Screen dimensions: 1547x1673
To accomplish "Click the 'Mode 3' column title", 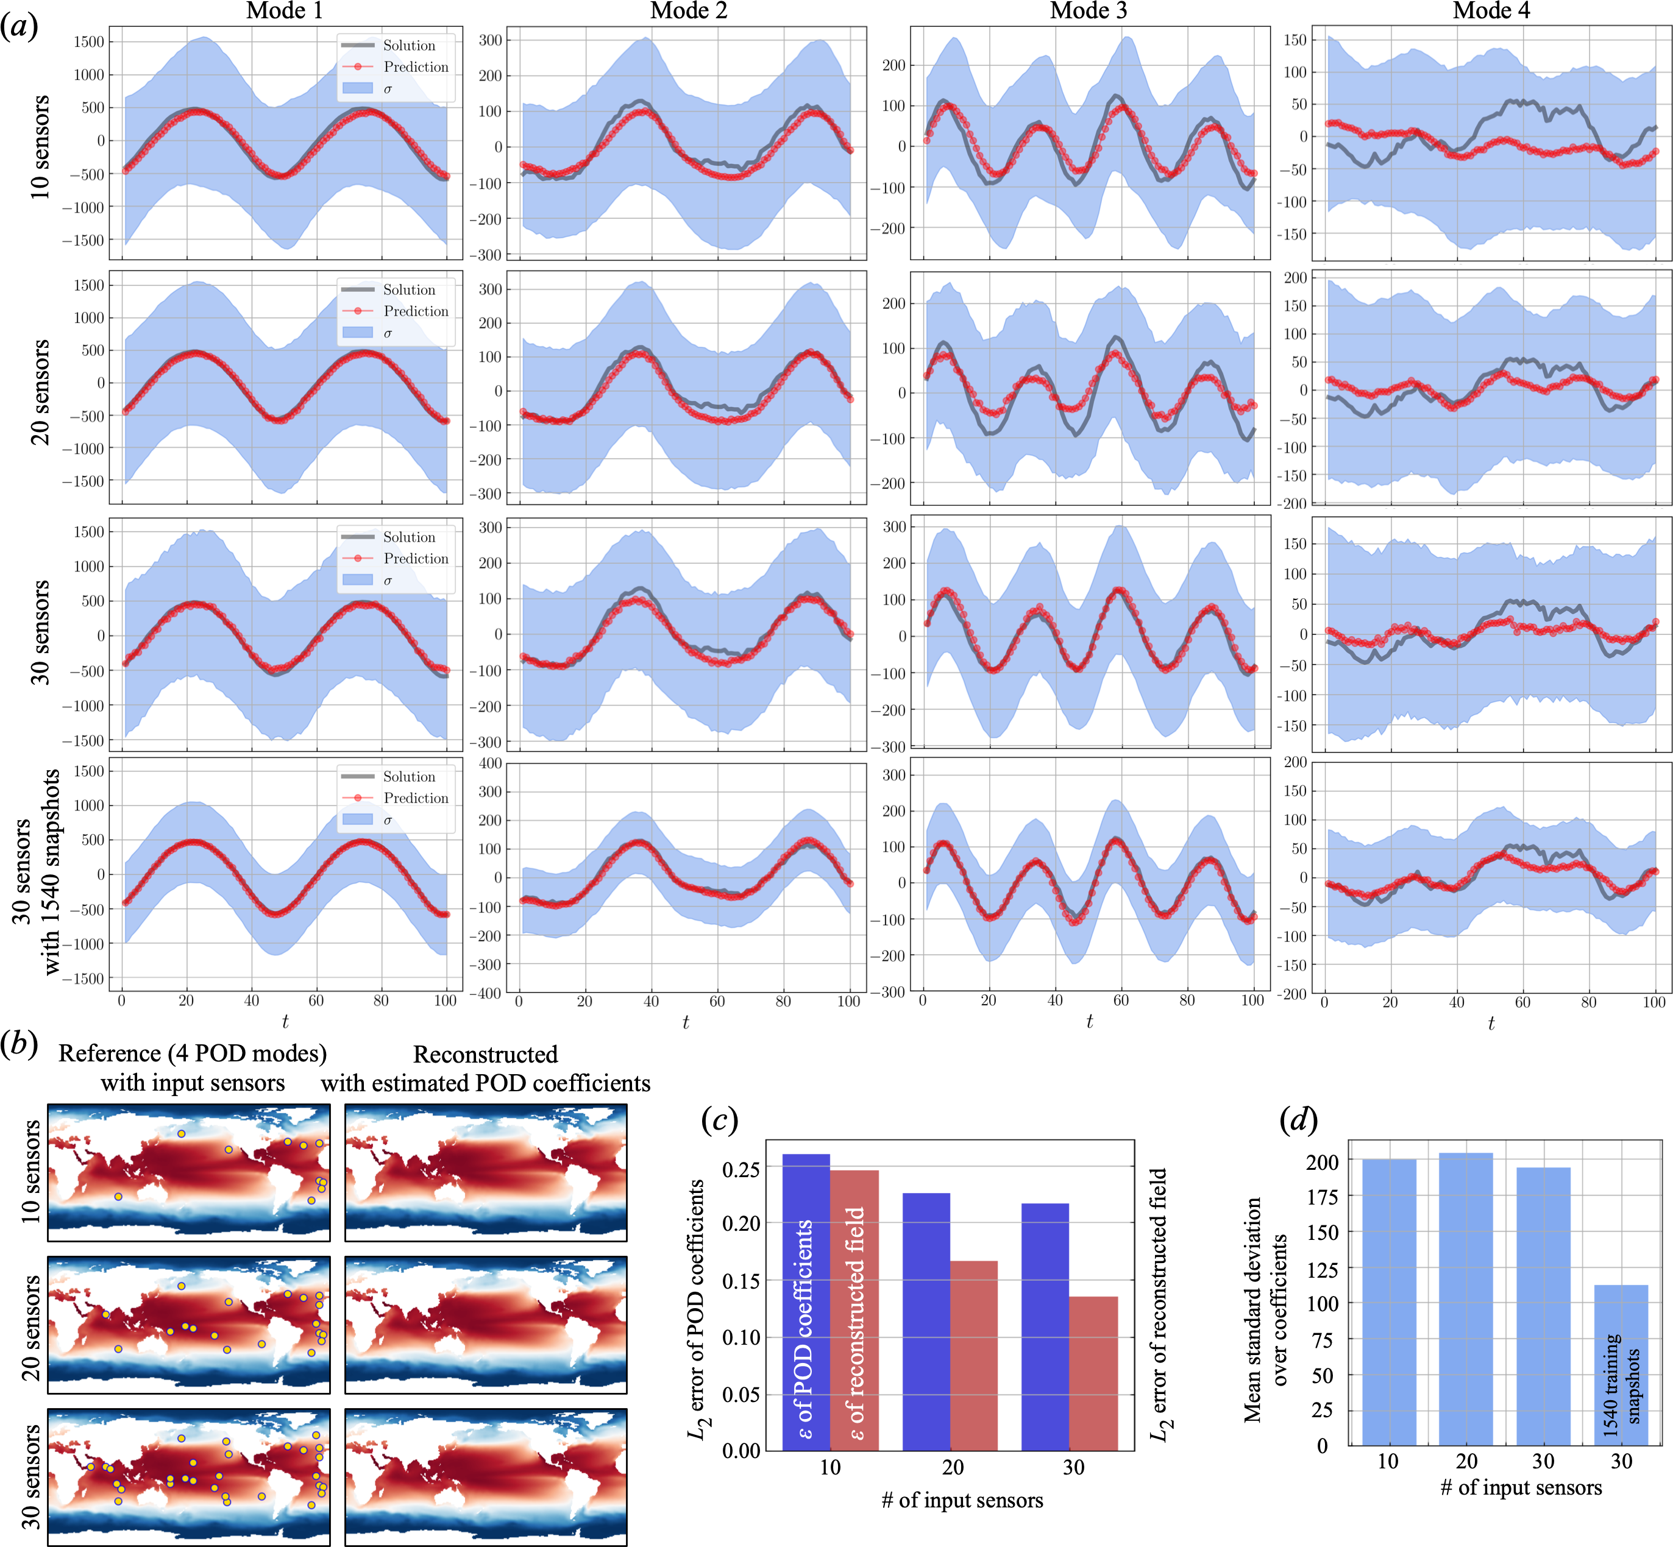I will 1089,11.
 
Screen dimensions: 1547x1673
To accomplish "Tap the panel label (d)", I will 1299,1119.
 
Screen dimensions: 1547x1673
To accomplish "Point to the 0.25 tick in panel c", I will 741,1169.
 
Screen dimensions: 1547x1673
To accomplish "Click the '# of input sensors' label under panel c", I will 962,1500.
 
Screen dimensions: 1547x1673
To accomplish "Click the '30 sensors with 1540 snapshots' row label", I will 38,871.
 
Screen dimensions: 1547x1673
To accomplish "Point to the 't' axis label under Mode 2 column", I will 686,1022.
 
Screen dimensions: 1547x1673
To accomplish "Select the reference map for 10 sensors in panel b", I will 188,1172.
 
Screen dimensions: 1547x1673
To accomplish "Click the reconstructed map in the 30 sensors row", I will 486,1476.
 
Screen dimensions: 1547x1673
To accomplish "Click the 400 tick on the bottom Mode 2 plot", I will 491,763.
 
